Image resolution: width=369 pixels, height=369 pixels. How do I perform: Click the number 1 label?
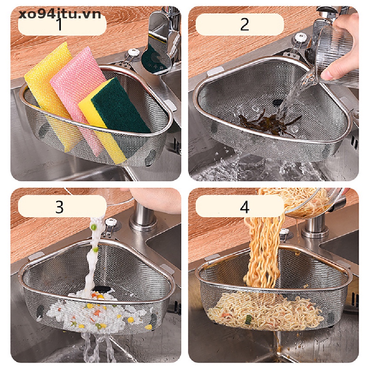coord(60,25)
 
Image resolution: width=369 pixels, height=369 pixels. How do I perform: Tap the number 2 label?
coord(245,24)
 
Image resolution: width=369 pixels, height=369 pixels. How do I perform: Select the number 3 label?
coord(59,207)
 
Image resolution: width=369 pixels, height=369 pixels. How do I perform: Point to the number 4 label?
coord(245,207)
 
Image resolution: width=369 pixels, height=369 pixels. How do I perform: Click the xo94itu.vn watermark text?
coord(60,14)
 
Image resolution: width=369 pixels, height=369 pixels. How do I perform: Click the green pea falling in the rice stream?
coord(94,227)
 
